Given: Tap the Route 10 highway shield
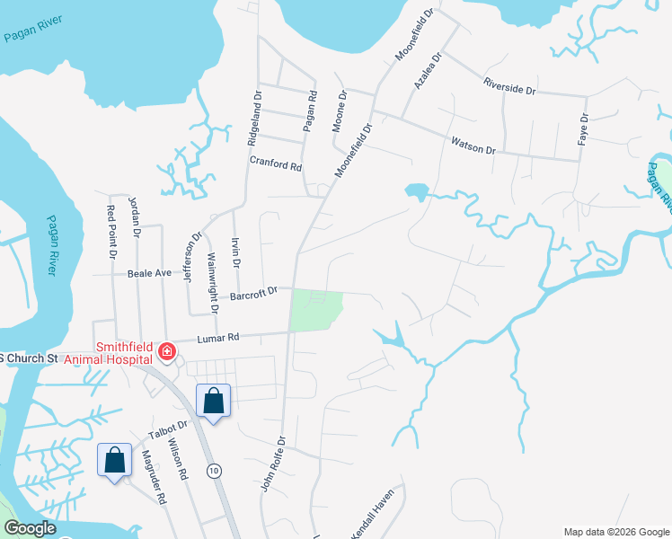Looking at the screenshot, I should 214,471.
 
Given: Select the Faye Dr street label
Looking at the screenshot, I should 584,130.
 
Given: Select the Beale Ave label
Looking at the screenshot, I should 149,272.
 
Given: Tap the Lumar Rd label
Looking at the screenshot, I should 219,338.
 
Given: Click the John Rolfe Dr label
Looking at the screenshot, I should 272,464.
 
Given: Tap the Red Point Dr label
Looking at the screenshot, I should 111,232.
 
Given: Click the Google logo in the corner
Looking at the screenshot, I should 30,528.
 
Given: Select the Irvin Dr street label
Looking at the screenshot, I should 235,252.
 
